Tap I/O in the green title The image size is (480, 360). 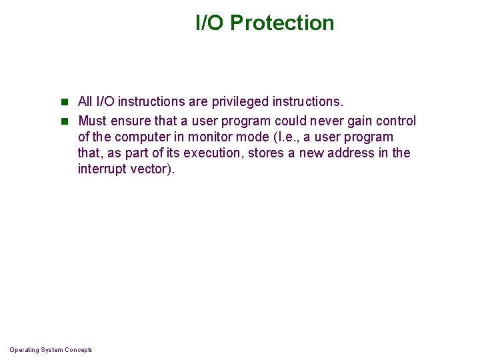(x=210, y=23)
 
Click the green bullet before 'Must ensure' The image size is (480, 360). (x=65, y=121)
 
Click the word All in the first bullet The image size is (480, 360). (x=85, y=102)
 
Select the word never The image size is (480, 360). (x=321, y=121)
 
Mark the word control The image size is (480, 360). (x=397, y=121)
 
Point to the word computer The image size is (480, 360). (x=142, y=137)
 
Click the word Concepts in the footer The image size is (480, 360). (x=79, y=350)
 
